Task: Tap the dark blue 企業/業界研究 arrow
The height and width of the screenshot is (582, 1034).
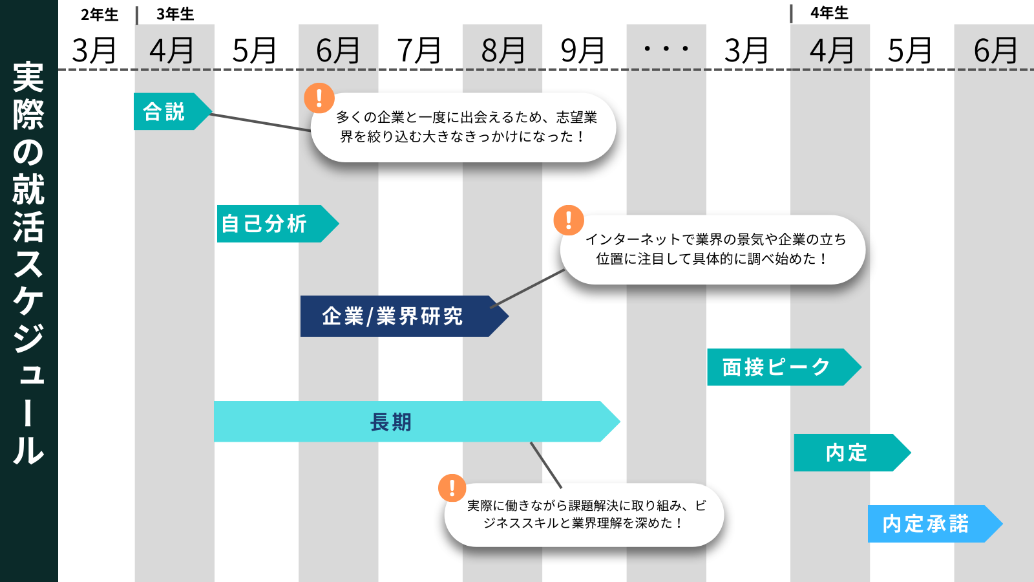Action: point(394,316)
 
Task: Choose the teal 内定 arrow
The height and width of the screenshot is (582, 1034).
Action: point(847,453)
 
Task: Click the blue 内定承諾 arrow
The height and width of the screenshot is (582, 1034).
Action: point(927,524)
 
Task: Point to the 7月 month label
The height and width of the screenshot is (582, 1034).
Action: point(419,50)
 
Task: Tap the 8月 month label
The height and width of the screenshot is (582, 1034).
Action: point(503,50)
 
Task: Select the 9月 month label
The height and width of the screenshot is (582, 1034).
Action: point(583,50)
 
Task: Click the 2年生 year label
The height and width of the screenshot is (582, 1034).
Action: point(100,14)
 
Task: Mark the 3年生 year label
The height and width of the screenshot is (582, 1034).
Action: point(175,14)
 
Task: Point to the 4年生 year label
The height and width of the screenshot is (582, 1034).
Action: point(829,13)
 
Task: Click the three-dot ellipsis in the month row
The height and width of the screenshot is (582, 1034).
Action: point(666,48)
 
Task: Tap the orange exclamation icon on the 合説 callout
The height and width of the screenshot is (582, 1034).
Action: point(319,98)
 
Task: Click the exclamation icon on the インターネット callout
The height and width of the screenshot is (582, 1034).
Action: point(569,221)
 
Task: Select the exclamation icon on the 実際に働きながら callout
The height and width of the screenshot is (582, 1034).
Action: point(452,488)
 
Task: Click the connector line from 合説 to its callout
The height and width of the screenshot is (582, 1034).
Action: point(260,122)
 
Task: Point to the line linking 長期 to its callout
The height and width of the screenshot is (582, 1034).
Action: point(546,465)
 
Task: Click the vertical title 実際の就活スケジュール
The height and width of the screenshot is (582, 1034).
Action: point(28,262)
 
